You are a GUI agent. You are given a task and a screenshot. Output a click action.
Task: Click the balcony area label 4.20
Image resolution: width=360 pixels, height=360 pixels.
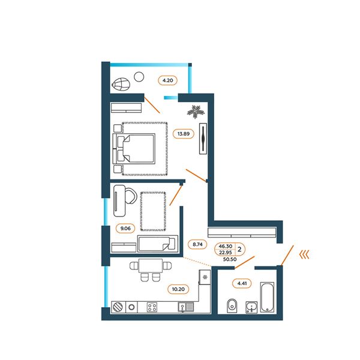point(167,80)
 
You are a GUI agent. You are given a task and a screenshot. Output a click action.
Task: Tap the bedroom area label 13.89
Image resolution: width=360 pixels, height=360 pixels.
point(184,134)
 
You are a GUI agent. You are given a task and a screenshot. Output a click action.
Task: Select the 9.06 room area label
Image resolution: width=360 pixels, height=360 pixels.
point(125,228)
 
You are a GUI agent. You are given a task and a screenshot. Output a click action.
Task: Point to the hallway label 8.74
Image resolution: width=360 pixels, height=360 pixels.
point(197,244)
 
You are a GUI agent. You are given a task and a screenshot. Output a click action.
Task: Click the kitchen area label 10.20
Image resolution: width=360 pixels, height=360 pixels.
point(178,289)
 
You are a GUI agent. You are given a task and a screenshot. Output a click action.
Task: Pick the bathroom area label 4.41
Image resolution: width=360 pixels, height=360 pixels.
point(242,283)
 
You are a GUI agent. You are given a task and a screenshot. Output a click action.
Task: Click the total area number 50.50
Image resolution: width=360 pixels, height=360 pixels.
point(230,259)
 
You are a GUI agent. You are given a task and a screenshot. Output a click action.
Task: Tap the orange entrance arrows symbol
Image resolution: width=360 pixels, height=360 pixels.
point(304,254)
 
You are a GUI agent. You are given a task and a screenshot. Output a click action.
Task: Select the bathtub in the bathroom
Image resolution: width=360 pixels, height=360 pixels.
point(267,297)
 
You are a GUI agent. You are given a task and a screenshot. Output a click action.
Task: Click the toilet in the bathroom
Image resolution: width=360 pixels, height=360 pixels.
point(232,305)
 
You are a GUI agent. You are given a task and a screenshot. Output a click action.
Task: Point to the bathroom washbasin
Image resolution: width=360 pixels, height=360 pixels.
point(251,307)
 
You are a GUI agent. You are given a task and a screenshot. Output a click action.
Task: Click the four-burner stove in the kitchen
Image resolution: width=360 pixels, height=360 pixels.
point(152,307)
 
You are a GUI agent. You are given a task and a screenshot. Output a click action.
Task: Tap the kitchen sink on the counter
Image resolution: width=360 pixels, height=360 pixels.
point(186,307)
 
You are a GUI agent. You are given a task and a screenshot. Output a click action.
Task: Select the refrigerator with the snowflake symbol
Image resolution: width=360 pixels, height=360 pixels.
point(205,277)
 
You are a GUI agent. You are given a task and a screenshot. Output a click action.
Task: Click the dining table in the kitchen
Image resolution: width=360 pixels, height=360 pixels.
point(151,266)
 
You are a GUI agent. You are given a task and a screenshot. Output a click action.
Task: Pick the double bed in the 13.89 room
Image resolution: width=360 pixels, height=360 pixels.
point(134,149)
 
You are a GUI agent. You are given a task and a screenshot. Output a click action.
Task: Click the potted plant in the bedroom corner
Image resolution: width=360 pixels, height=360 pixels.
point(196,112)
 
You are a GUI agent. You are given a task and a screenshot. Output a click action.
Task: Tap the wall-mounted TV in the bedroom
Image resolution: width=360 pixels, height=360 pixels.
point(203,139)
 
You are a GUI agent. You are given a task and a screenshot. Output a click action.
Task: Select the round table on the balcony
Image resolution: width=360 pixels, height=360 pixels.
point(139,77)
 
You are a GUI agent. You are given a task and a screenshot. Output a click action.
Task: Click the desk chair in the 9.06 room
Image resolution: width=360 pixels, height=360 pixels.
point(130,196)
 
